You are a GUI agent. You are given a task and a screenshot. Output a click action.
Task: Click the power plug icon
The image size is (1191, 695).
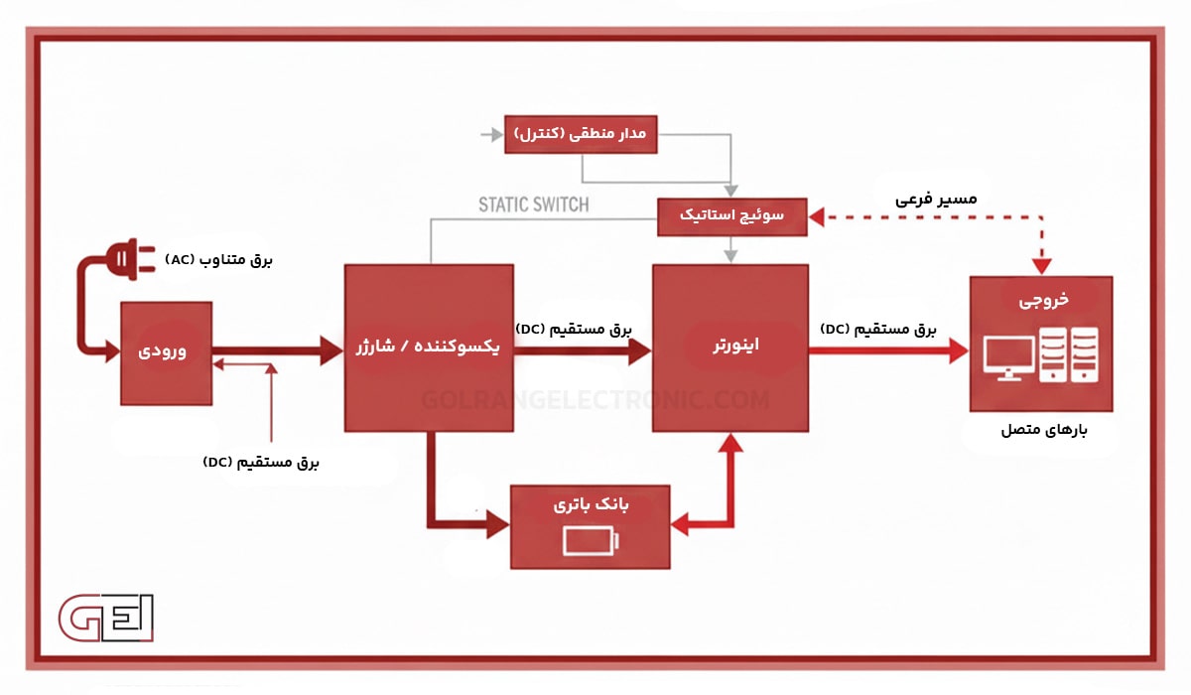(x=129, y=261)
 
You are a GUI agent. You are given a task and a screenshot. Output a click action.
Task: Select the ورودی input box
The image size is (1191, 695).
(x=167, y=352)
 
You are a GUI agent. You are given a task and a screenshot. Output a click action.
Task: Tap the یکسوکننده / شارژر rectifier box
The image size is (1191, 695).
(x=429, y=347)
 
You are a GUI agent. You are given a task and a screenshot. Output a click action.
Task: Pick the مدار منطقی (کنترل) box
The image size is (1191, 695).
(x=581, y=133)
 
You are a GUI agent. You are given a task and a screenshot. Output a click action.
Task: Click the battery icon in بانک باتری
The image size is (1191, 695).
(x=591, y=541)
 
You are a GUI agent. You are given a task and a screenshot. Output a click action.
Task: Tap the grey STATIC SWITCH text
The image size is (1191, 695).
(x=533, y=205)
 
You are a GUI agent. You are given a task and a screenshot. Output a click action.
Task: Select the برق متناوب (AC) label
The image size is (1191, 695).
(x=219, y=259)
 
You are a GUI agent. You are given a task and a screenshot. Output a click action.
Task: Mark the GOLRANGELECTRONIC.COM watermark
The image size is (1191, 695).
(x=595, y=400)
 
